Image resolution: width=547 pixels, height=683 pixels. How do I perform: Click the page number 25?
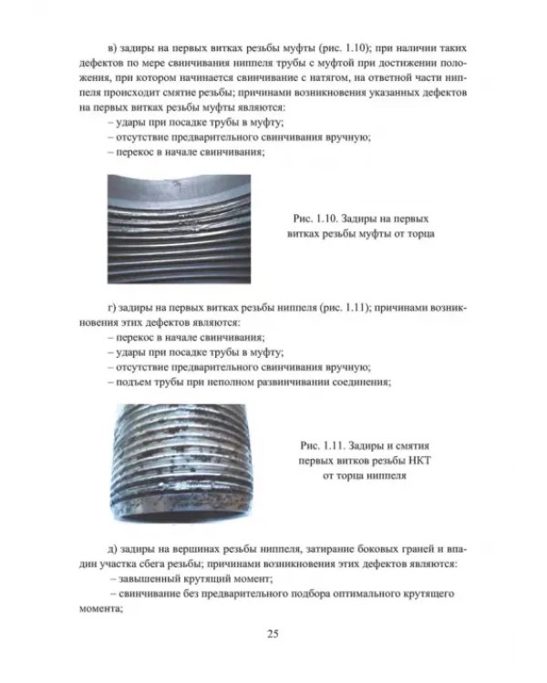pyautogui.click(x=273, y=634)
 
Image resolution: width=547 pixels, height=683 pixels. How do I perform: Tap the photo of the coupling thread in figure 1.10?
pyautogui.click(x=179, y=229)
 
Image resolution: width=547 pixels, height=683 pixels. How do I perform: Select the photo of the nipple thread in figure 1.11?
pyautogui.click(x=181, y=463)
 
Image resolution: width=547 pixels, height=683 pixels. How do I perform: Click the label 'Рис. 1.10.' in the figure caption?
pyautogui.click(x=314, y=219)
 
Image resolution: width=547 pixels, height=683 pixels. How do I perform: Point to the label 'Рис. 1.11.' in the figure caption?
pyautogui.click(x=321, y=446)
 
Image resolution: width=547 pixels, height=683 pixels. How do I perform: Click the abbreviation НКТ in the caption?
pyautogui.click(x=419, y=461)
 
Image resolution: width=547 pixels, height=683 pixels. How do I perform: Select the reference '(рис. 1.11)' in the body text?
pyautogui.click(x=345, y=308)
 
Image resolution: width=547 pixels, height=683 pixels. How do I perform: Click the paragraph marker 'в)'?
pyautogui.click(x=112, y=48)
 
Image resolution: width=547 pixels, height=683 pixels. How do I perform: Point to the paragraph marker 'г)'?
pyautogui.click(x=111, y=309)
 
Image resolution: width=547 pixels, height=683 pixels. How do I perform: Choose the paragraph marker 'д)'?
pyautogui.click(x=112, y=549)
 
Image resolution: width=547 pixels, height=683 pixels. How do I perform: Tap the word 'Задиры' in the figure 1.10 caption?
pyautogui.click(x=356, y=219)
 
